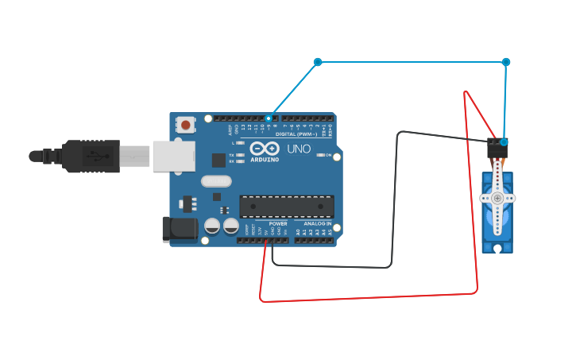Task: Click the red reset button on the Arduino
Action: pyautogui.click(x=185, y=124)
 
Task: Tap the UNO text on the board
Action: pyautogui.click(x=299, y=149)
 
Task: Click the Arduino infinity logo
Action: pyautogui.click(x=264, y=149)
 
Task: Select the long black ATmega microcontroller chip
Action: pyautogui.click(x=287, y=206)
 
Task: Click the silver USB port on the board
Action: pyautogui.click(x=173, y=157)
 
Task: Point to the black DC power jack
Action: pyautogui.click(x=179, y=229)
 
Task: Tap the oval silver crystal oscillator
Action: pyautogui.click(x=216, y=181)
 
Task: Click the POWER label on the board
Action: pyautogui.click(x=278, y=223)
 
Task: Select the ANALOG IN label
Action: pyautogui.click(x=318, y=223)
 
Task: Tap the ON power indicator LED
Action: pyautogui.click(x=319, y=155)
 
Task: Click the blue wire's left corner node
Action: pyautogui.click(x=318, y=62)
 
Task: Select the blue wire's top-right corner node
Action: pyautogui.click(x=506, y=62)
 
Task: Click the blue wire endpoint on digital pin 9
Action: pyautogui.click(x=269, y=118)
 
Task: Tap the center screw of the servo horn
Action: pyautogui.click(x=497, y=198)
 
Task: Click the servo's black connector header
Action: pyautogui.click(x=497, y=148)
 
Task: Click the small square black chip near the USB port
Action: pyautogui.click(x=218, y=160)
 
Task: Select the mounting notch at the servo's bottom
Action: pyautogui.click(x=497, y=248)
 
